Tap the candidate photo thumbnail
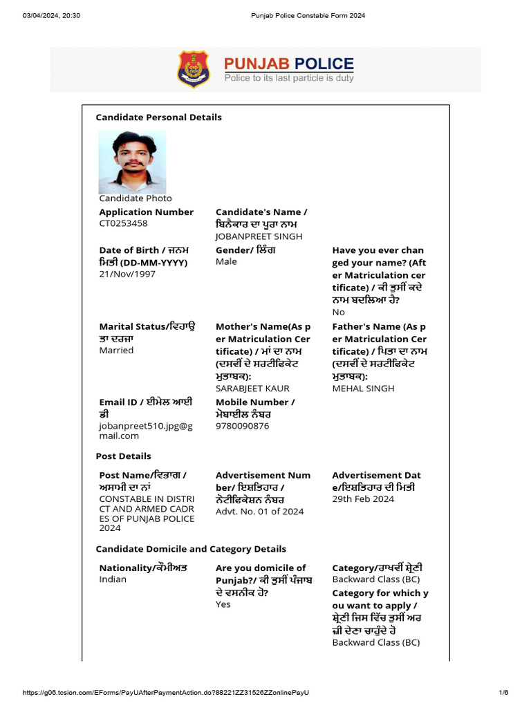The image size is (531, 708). tap(132, 162)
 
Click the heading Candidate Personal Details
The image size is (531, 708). tap(158, 118)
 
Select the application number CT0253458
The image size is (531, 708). tap(123, 223)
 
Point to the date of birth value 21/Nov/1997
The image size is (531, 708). tap(127, 274)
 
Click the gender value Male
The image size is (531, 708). tap(226, 261)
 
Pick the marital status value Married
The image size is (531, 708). tap(116, 350)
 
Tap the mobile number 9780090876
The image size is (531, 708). tap(243, 426)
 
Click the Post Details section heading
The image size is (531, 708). tap(123, 456)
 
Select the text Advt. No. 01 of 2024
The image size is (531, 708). tap(259, 512)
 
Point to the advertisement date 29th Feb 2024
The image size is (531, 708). tap(362, 499)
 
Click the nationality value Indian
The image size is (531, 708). tap(113, 579)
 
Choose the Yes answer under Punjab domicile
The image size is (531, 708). tap(223, 604)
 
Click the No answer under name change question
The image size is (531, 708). tap(338, 312)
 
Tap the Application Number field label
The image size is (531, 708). tap(146, 212)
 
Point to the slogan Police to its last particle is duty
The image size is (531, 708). tap(288, 78)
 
